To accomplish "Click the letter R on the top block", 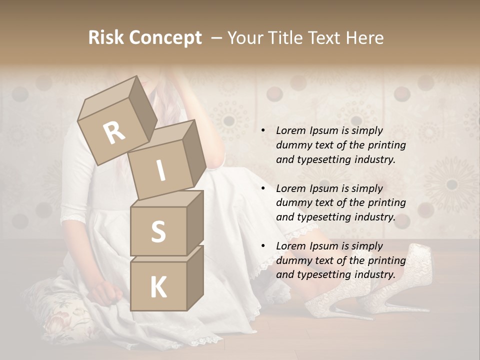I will [x=114, y=132].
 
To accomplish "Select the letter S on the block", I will [x=158, y=231].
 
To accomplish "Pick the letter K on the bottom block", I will [x=158, y=287].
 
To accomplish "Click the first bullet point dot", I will [x=263, y=131].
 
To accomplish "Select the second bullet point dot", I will [x=263, y=188].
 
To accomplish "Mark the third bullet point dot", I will [x=263, y=246].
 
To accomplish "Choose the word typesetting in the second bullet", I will [x=318, y=217].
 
